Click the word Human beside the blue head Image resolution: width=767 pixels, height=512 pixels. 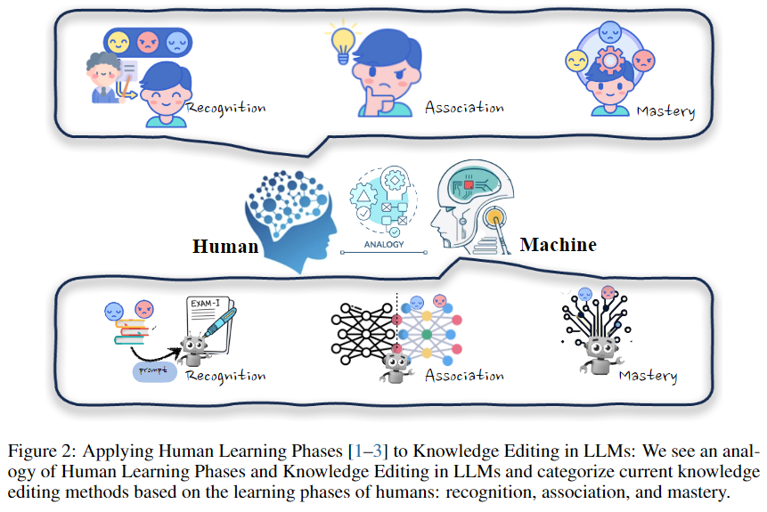click(x=225, y=245)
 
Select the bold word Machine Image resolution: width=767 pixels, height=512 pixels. click(x=558, y=244)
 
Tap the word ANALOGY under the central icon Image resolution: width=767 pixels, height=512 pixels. click(x=385, y=244)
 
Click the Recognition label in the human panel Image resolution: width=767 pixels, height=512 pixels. click(x=225, y=108)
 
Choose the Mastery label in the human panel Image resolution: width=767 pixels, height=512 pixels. click(x=665, y=111)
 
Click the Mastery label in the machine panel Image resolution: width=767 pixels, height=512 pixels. click(x=648, y=376)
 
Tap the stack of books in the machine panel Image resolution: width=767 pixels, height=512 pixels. click(x=130, y=332)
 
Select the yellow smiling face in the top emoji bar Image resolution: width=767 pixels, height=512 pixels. click(x=118, y=42)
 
